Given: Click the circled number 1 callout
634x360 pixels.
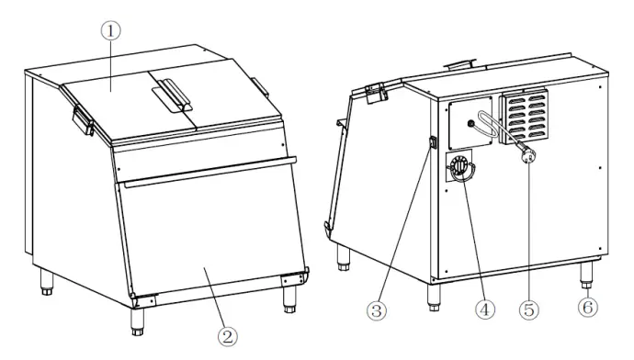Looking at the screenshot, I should pyautogui.click(x=110, y=30).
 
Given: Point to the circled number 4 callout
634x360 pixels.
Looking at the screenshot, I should pyautogui.click(x=480, y=310).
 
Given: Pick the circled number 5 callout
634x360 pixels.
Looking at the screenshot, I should pyautogui.click(x=530, y=310).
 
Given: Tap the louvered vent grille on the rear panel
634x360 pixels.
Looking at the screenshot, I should pyautogui.click(x=523, y=118).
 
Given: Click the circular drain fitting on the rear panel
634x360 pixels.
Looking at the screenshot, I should pyautogui.click(x=460, y=169).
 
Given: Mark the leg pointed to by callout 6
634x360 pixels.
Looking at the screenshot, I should pyautogui.click(x=584, y=273).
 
